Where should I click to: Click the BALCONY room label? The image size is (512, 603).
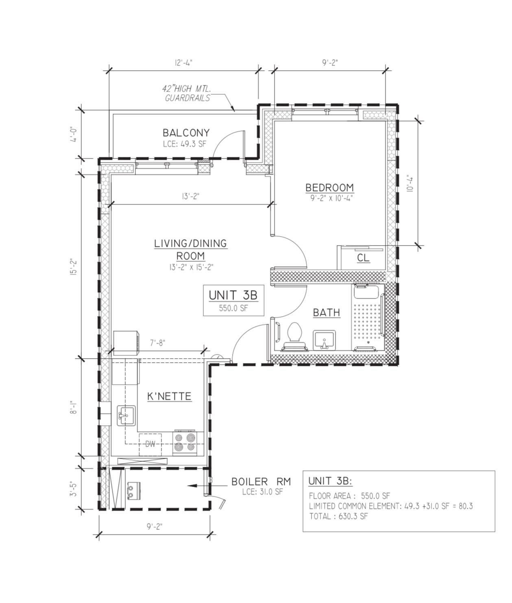point(186,133)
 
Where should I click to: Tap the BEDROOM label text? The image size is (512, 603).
point(329,188)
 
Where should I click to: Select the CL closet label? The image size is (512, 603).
point(363,258)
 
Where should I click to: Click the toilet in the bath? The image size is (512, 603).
point(294,335)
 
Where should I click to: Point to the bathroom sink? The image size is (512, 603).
point(324,340)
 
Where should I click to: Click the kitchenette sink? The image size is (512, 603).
point(126,415)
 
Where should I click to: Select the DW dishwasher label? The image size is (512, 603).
point(150,444)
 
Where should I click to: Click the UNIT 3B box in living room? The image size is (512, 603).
point(233,300)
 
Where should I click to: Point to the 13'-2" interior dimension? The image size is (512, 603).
point(190,196)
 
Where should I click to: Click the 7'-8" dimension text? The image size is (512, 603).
point(157,343)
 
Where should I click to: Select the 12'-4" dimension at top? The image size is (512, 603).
point(183,63)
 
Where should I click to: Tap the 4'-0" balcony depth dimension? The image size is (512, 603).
point(73,135)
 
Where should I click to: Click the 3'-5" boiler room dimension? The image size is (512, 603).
point(73,489)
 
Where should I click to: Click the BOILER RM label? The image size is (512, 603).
point(261,482)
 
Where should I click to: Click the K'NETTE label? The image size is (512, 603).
point(169,396)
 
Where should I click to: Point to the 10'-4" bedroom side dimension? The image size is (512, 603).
point(410,183)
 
